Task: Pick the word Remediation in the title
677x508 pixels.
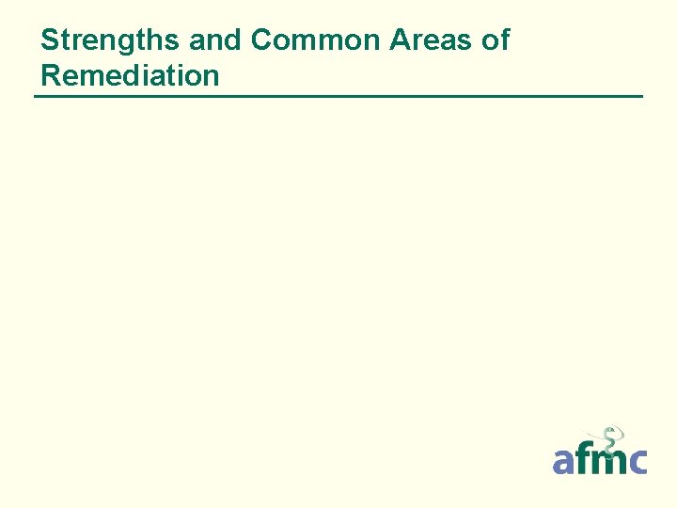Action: tap(130, 75)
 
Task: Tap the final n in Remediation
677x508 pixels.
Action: tap(210, 75)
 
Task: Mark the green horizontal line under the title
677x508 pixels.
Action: tap(338, 96)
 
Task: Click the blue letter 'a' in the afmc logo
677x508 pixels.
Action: tap(565, 461)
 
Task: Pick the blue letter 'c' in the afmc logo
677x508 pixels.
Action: tap(637, 461)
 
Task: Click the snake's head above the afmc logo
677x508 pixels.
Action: tap(612, 431)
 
